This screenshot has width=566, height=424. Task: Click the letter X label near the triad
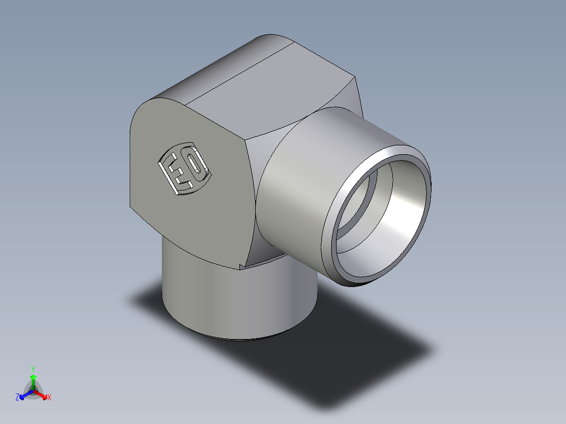49,398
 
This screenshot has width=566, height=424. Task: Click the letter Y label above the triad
33,368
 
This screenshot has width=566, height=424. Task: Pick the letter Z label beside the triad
17,398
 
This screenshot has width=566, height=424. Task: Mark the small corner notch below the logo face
242,267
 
